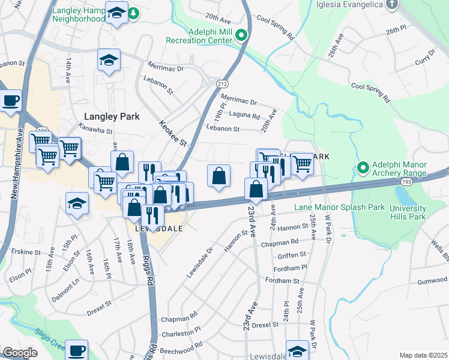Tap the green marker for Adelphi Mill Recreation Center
tap(241, 35)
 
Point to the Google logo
tap(20, 353)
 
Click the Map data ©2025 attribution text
tap(423, 355)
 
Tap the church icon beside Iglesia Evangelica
tap(391, 4)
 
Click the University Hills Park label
tap(407, 212)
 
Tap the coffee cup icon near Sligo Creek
tap(76, 350)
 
